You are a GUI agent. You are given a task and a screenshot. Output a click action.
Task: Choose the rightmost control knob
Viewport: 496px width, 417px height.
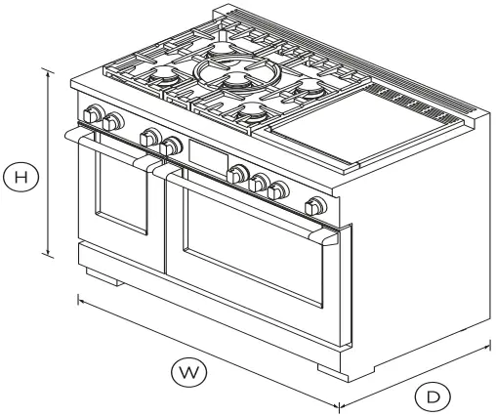(315, 206)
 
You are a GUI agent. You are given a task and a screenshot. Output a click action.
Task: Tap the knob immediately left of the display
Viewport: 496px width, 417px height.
(173, 146)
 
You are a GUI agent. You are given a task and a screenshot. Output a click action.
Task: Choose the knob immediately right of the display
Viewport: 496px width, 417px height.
(237, 174)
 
